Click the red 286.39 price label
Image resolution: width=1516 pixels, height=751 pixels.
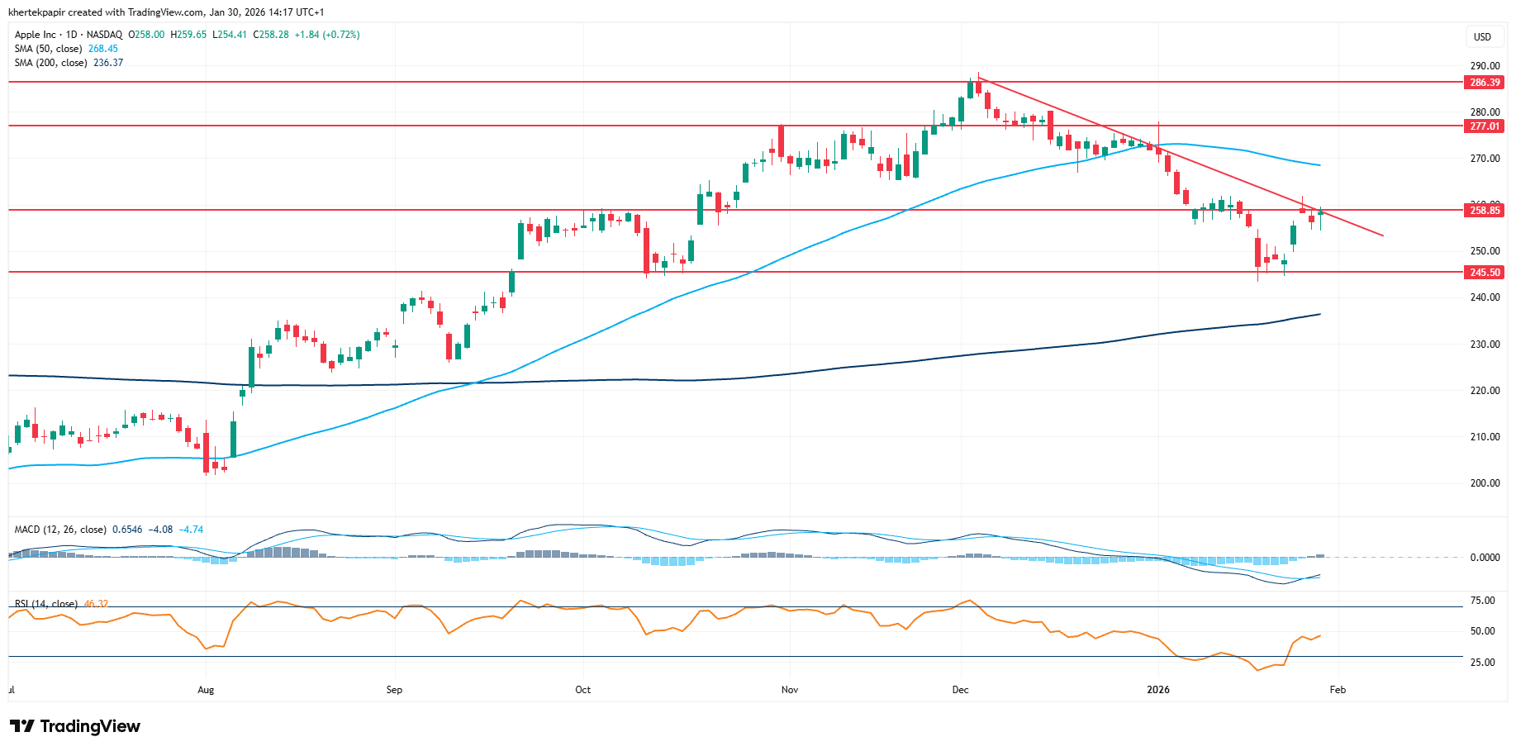1484,83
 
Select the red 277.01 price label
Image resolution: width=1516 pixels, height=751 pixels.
1484,126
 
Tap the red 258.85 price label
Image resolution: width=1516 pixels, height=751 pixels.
1484,211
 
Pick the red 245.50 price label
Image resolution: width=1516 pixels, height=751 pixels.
1484,273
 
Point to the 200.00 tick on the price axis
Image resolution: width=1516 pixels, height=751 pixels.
1485,483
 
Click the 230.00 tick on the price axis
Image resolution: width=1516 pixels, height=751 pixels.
1485,345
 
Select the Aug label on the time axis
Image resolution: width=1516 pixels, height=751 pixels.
206,690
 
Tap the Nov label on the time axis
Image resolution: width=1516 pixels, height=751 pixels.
790,690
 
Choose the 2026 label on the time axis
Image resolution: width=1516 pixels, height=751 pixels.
1158,690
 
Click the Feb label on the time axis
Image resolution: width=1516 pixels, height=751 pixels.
1338,690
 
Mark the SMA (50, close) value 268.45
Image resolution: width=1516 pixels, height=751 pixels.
103,49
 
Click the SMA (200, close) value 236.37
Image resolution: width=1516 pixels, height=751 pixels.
108,63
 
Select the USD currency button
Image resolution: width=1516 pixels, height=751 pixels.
1483,37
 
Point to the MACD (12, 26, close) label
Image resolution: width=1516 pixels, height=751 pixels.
60,530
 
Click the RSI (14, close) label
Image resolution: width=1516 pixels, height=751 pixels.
46,604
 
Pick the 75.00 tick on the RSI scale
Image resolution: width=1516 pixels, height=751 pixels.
1482,601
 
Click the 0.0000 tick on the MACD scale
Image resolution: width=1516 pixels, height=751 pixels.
1485,558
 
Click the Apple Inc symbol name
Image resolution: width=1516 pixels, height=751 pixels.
36,35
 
